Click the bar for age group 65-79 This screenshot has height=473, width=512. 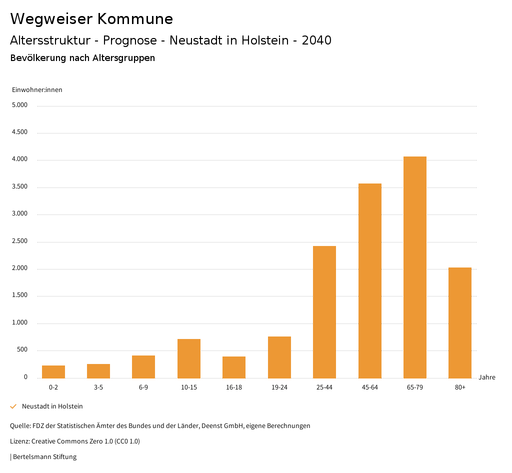[414, 267]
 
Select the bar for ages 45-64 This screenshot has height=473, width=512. [369, 281]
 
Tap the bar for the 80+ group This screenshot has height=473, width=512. [459, 323]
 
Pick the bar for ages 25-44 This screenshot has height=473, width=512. [324, 312]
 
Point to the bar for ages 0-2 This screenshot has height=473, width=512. [53, 372]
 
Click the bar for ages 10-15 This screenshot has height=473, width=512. [189, 358]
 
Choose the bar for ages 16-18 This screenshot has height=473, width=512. [234, 367]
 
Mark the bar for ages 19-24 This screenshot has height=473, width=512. [279, 357]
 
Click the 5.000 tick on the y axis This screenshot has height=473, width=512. [19, 105]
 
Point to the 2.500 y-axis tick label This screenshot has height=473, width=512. [19, 241]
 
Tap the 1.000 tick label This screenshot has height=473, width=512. [19, 323]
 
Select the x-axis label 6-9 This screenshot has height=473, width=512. [143, 387]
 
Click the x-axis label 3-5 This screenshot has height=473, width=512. [98, 387]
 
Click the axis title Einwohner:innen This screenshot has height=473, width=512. [37, 90]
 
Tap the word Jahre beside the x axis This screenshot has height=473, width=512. [487, 377]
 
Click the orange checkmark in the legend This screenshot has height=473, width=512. [13, 406]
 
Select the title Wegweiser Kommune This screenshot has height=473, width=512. [91, 19]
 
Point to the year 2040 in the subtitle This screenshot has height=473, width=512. [316, 40]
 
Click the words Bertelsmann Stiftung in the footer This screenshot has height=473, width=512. [45, 457]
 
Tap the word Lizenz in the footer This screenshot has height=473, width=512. [19, 441]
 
